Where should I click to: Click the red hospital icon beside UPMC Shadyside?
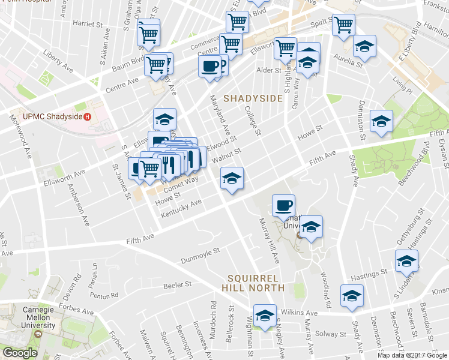point(88,115)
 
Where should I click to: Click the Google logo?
point(20,353)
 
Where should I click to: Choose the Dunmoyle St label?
point(201,256)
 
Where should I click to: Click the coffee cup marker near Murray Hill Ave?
point(283,206)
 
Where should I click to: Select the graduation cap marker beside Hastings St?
point(406,260)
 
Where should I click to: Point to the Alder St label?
point(269,70)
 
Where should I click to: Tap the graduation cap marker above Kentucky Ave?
point(232,178)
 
